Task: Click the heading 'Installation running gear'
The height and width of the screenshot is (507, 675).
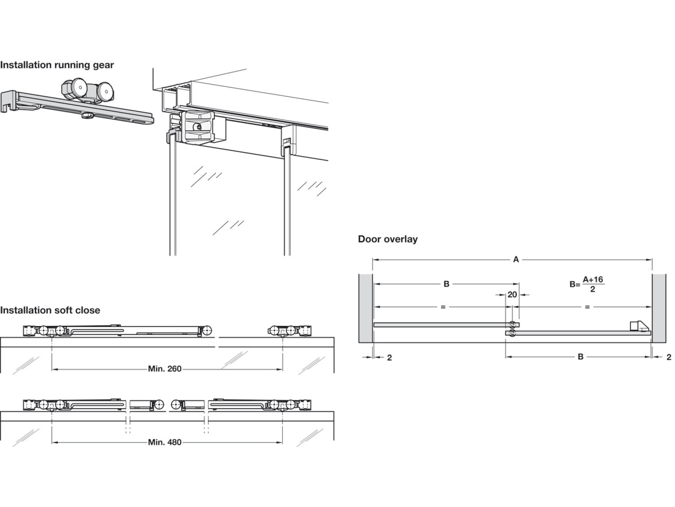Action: (57, 65)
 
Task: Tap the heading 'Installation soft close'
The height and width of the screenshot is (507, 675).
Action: (50, 310)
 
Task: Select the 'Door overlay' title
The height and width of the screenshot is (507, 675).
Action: (388, 239)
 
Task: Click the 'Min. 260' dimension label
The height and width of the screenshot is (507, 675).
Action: (165, 369)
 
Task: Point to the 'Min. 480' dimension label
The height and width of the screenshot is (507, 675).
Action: (165, 442)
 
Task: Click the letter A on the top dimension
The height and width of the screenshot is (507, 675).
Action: (516, 260)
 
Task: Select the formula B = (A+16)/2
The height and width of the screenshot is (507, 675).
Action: (587, 284)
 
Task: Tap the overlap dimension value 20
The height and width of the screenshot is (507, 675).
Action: (512, 295)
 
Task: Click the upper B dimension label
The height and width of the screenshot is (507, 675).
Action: (446, 284)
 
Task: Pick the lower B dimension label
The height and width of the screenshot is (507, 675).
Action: (580, 356)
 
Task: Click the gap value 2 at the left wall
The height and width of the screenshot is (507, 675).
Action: (389, 358)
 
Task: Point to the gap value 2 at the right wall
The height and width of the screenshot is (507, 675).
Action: (669, 357)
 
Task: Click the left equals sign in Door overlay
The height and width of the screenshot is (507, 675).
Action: (443, 307)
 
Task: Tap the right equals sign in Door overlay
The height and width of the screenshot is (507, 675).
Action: (587, 307)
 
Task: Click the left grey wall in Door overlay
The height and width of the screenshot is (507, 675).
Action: (365, 308)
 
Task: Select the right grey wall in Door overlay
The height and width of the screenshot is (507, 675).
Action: (659, 308)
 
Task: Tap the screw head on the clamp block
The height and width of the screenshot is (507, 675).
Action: (198, 127)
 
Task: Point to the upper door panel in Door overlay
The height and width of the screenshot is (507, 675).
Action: (442, 324)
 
